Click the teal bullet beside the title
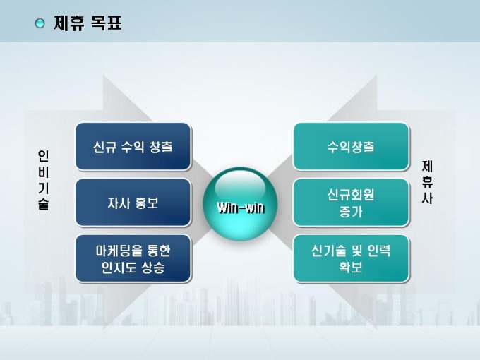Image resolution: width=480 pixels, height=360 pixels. tap(40, 23)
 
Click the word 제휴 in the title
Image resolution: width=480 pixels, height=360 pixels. tap(68, 23)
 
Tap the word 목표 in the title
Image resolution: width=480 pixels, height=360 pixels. tap(107, 23)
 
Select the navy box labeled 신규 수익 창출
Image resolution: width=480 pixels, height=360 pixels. tap(133, 147)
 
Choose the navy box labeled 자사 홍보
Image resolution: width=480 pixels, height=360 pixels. tap(133, 203)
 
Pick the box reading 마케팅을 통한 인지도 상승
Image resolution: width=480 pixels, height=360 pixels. tap(133, 258)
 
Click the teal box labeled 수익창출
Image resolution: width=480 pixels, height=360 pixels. tap(351, 147)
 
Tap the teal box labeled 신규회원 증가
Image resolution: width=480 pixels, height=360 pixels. tap(351, 203)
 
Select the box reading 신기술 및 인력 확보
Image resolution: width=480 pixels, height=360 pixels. tap(351, 258)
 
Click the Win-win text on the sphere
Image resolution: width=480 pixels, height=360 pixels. tap(241, 208)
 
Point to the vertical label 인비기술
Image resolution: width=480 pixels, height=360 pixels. tap(44, 180)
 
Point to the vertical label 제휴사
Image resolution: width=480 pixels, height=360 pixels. tap(427, 182)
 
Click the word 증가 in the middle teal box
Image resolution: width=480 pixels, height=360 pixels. tap(351, 212)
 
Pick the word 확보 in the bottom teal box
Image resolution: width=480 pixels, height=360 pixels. tap(351, 267)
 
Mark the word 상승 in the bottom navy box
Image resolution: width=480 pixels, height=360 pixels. tap(153, 268)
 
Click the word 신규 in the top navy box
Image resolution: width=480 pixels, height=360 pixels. tap(105, 147)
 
